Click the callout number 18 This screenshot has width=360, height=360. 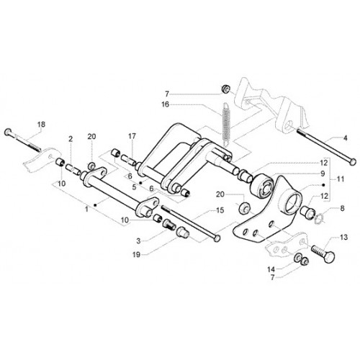[x=41, y=125]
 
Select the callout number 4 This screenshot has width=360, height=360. [x=345, y=138]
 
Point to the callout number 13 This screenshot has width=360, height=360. [x=343, y=238]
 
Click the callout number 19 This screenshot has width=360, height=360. [x=136, y=255]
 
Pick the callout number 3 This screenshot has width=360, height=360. [x=138, y=240]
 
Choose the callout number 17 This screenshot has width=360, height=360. [x=132, y=136]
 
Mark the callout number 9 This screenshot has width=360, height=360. [x=323, y=174]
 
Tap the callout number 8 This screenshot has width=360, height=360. [x=342, y=208]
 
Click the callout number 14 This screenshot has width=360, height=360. [x=271, y=270]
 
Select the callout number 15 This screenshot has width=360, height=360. [x=220, y=210]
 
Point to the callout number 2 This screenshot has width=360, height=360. [x=71, y=139]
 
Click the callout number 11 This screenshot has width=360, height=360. [x=341, y=179]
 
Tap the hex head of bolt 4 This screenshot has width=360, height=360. [x=352, y=161]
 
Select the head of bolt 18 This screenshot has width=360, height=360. [x=8, y=132]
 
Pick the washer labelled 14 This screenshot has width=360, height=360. [x=297, y=257]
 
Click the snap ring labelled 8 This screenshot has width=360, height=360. [x=319, y=216]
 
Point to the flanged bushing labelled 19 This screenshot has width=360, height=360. [x=183, y=233]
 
